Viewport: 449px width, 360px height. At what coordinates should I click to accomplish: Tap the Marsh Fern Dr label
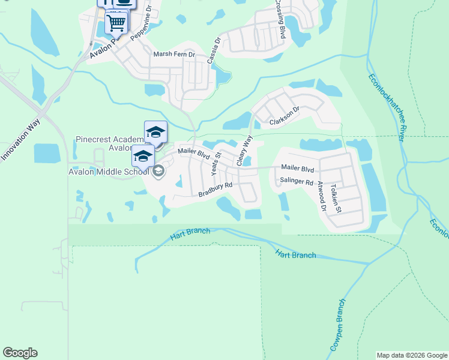pos(175,54)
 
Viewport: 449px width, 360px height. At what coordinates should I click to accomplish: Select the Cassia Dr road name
pos(214,52)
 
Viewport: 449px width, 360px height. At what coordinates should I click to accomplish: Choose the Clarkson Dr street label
pos(285,116)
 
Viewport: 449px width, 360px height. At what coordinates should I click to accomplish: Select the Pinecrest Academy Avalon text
pos(109,144)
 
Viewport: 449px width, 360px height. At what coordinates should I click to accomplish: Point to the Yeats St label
pos(216,163)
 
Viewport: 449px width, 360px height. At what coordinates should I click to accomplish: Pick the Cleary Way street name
pos(245,151)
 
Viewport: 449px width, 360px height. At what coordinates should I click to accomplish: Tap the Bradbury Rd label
pos(215,190)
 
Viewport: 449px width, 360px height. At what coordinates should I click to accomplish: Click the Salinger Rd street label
pos(297,182)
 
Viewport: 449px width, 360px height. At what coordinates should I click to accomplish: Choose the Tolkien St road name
pos(339,199)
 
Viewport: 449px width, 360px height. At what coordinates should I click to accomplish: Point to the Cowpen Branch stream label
pos(337,324)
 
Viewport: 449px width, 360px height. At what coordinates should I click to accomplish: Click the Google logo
pos(20,353)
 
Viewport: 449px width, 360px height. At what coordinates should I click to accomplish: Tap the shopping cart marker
pos(116,23)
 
